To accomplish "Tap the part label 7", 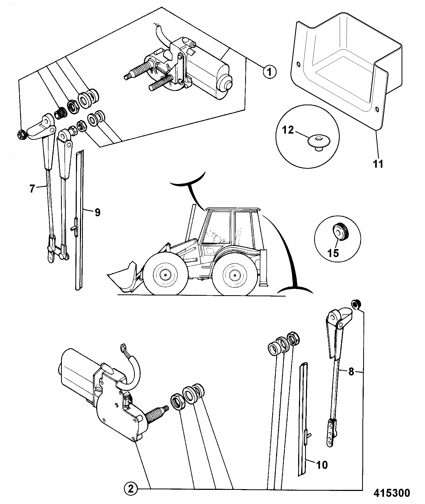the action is tap(32, 189).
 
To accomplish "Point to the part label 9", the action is tap(97, 212).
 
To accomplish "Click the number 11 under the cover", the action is tap(378, 164).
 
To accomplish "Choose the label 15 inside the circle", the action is tap(333, 253).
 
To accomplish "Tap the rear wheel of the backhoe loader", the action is tap(234, 274).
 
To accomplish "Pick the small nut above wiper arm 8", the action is tap(355, 304).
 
